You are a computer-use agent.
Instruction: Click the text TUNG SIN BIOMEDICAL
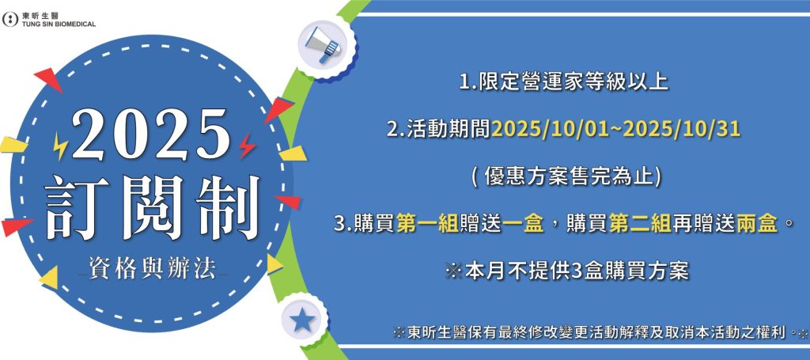coord(59,24)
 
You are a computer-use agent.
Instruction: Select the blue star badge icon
coord(302,320)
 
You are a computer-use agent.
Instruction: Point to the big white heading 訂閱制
coord(152,209)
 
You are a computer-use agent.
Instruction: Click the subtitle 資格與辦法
coord(153,268)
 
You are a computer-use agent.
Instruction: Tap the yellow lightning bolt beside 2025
coord(60,146)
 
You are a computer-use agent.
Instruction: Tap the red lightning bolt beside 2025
coord(248,146)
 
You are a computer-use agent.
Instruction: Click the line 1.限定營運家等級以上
coord(563,82)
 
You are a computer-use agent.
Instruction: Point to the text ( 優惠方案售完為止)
coord(566,177)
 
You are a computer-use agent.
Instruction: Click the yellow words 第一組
coord(428,225)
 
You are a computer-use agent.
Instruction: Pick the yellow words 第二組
coord(640,225)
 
